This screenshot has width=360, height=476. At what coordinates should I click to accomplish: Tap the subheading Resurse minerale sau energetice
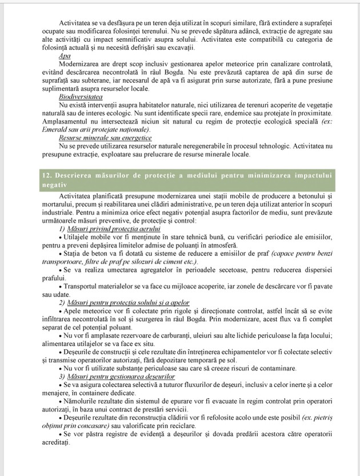coord(97,138)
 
